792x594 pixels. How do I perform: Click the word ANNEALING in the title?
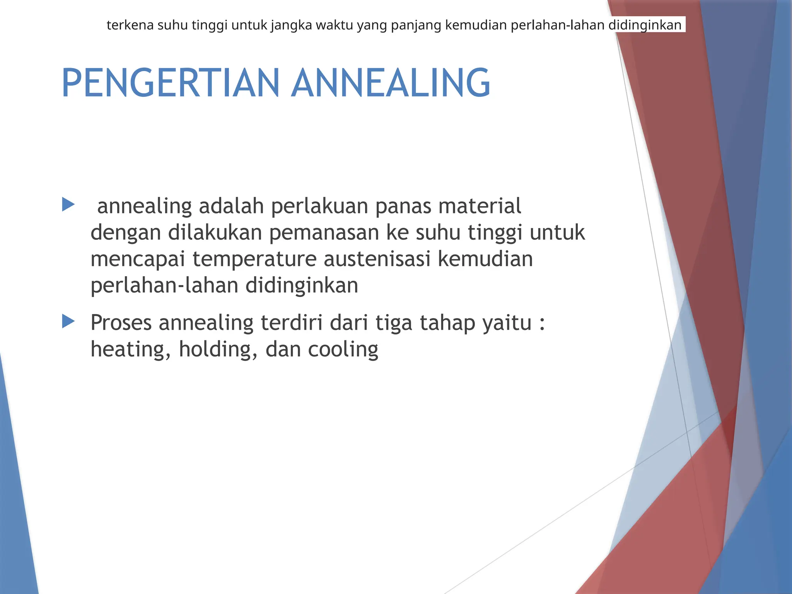click(x=391, y=83)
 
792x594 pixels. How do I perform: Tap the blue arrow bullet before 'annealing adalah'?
click(x=68, y=205)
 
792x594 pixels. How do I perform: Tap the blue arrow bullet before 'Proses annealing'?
click(x=68, y=321)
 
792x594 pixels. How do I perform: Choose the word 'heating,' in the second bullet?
click(x=131, y=350)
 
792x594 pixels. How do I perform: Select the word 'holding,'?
click(x=218, y=350)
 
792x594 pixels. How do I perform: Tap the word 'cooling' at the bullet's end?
click(x=343, y=350)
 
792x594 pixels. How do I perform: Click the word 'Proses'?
click(x=121, y=323)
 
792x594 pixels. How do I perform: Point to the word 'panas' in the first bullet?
click(x=403, y=207)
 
